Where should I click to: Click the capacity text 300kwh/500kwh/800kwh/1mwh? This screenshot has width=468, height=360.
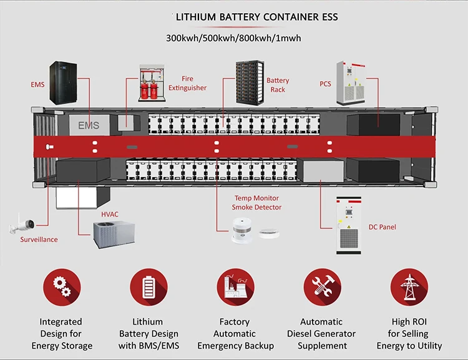[x=233, y=38]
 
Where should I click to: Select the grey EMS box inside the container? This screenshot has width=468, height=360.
[x=88, y=125]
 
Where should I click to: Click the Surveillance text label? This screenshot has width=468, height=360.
[x=39, y=240]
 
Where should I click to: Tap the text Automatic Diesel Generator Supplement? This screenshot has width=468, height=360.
[x=322, y=334]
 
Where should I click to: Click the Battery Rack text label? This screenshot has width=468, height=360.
[x=278, y=85]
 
